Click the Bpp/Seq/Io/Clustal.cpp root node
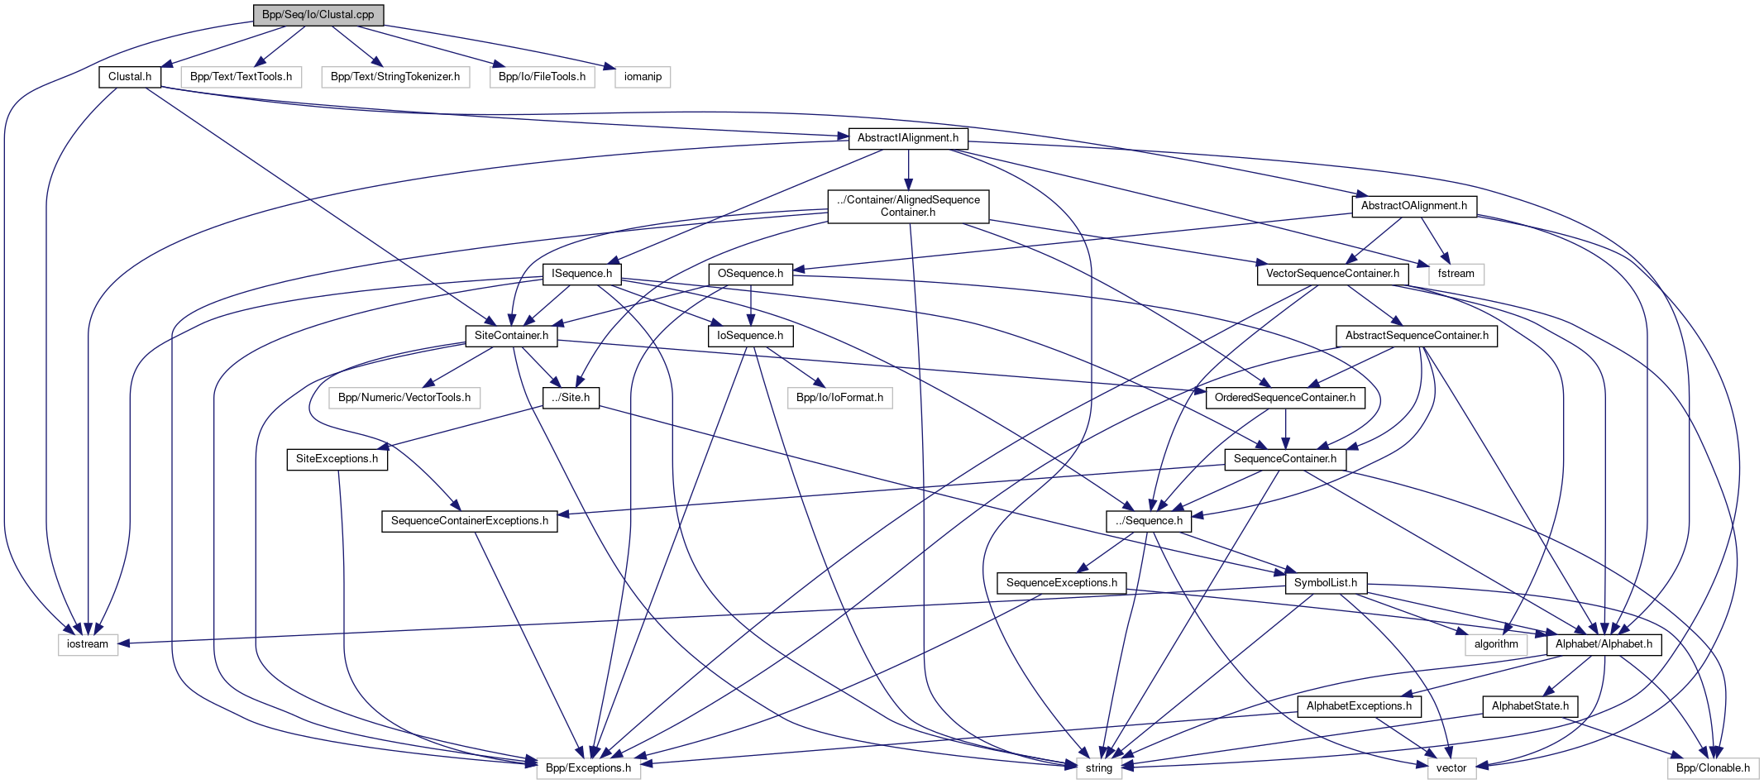click(x=318, y=15)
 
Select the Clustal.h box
click(x=130, y=77)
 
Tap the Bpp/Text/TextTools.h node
click(x=241, y=77)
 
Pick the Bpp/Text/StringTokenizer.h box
click(x=395, y=77)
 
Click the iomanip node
click(x=643, y=77)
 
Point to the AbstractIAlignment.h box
click(x=908, y=138)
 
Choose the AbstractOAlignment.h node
click(x=1414, y=206)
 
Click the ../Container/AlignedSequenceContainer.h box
click(x=908, y=206)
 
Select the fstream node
click(x=1456, y=274)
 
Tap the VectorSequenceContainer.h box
click(x=1332, y=274)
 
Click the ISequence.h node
click(x=581, y=274)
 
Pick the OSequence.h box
click(x=750, y=274)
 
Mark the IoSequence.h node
click(x=750, y=336)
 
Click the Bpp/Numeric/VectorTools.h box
click(x=404, y=398)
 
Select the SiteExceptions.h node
click(x=337, y=459)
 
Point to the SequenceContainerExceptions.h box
click(x=470, y=521)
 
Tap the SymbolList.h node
click(x=1326, y=583)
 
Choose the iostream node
click(x=88, y=644)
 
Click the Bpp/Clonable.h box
click(x=1713, y=768)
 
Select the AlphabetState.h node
click(x=1530, y=706)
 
